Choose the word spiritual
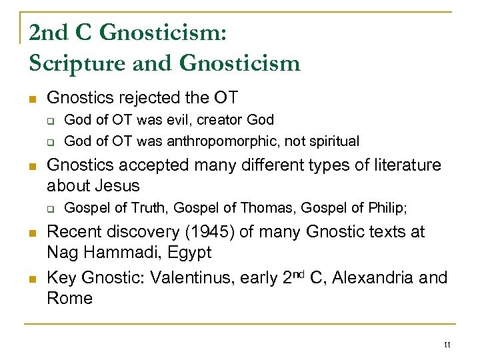click(x=333, y=141)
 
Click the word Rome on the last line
click(x=69, y=298)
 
